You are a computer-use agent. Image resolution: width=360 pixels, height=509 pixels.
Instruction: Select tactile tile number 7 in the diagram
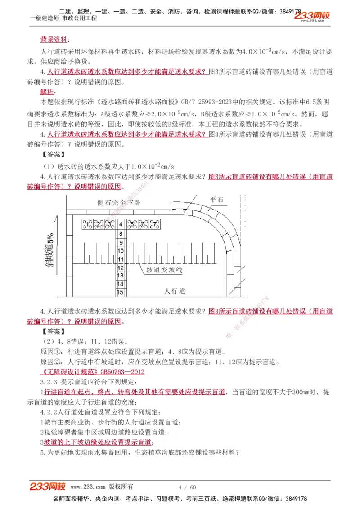[154, 223]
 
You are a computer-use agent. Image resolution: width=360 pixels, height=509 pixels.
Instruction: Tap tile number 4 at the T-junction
[120, 224]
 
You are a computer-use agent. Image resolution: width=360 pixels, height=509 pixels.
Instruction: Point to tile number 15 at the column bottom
[120, 292]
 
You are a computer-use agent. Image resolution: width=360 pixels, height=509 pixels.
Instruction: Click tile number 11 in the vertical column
[120, 259]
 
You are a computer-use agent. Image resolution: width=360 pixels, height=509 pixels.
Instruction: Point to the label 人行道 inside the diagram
[175, 291]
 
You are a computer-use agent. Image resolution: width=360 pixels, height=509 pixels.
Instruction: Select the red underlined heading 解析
[47, 92]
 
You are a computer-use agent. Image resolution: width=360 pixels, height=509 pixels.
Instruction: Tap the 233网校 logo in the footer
[48, 487]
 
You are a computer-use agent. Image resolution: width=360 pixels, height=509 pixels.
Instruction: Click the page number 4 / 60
[187, 487]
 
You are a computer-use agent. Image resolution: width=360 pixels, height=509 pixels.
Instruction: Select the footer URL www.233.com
[88, 487]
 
